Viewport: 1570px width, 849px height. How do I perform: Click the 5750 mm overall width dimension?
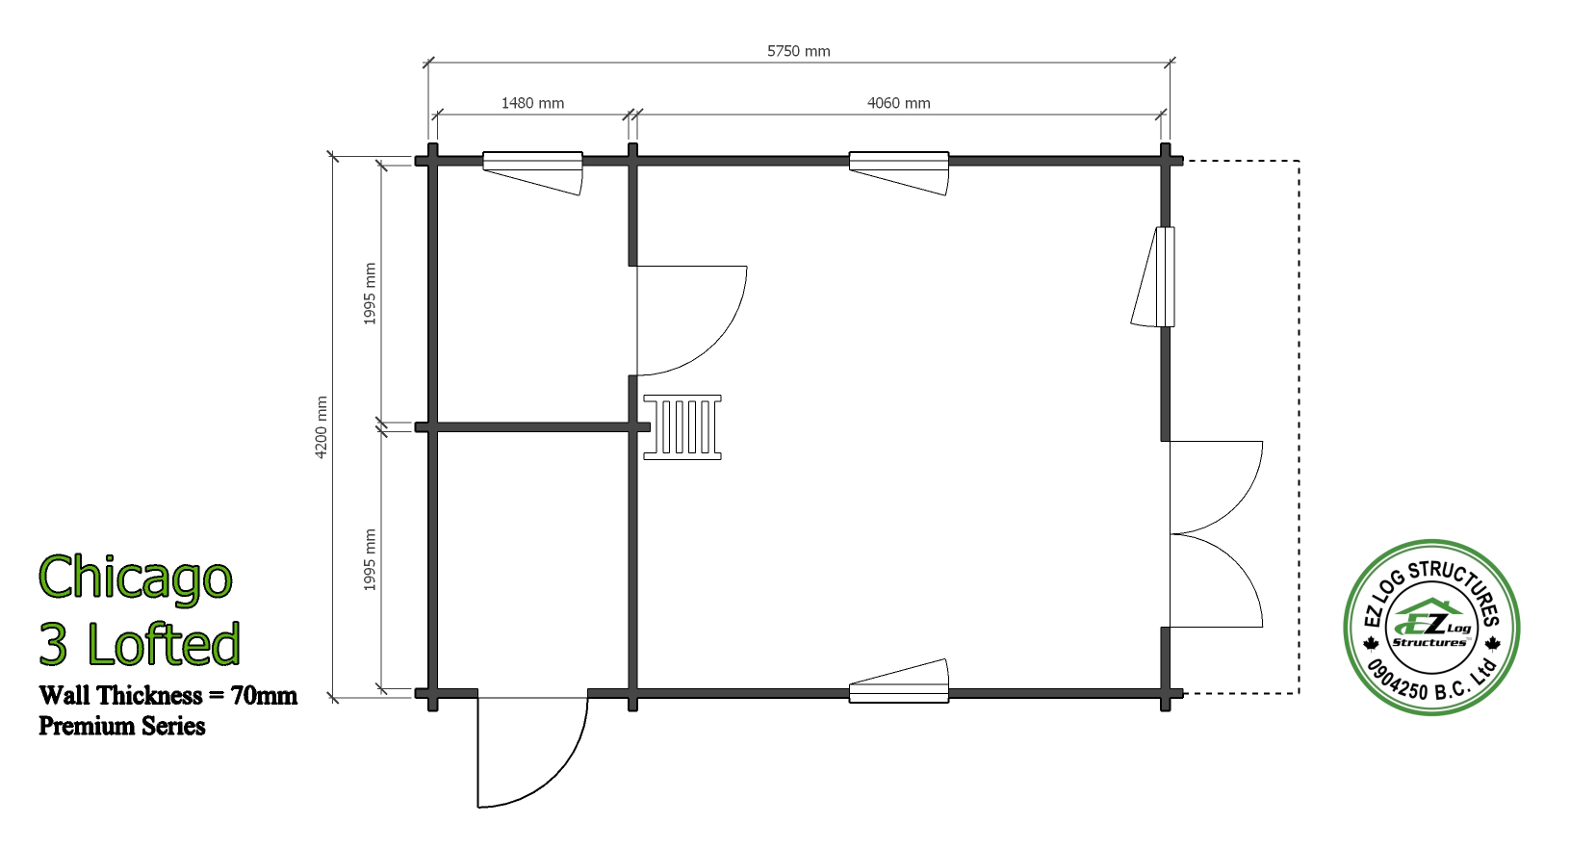click(798, 51)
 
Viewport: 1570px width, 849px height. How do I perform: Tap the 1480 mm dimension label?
click(532, 103)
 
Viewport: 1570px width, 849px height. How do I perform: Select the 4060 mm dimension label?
click(898, 103)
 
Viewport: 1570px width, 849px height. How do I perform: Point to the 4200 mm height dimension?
click(321, 427)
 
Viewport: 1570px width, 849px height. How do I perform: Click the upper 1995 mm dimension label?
click(370, 294)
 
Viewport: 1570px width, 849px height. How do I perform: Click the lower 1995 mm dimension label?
click(370, 559)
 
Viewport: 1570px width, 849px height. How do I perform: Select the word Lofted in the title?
click(164, 644)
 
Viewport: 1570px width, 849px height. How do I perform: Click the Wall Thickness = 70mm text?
click(168, 695)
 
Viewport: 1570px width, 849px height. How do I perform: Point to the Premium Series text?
click(122, 726)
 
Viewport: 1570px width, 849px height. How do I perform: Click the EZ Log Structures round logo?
click(1431, 628)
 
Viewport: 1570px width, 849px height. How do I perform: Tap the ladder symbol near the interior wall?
click(682, 427)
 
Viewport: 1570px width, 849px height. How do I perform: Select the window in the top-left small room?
click(532, 172)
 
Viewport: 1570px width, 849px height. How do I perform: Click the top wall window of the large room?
click(899, 172)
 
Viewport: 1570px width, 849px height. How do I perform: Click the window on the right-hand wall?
click(1153, 277)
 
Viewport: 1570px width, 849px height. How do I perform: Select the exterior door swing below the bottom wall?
click(553, 778)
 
